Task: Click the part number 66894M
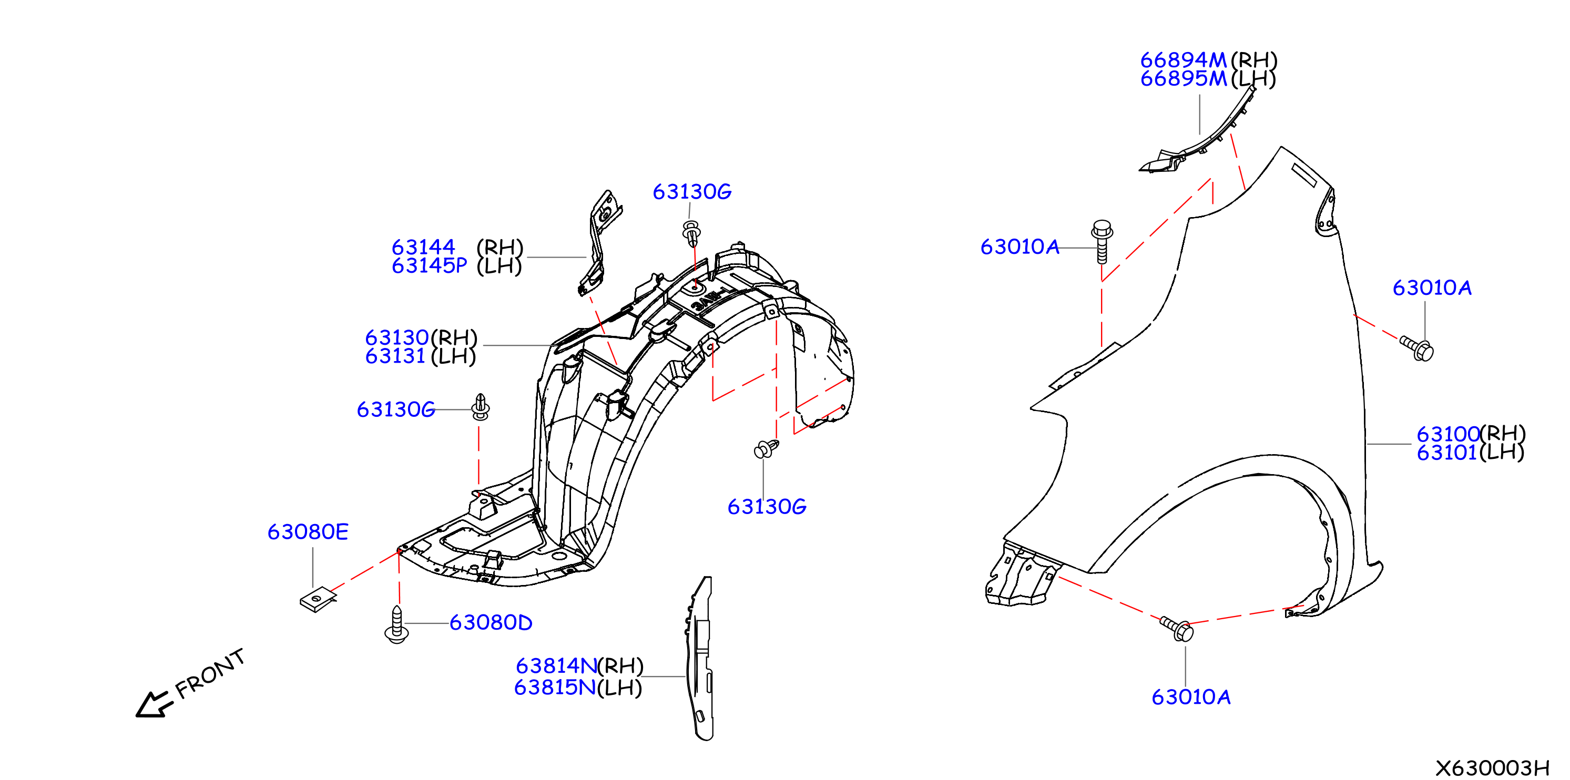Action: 1183,60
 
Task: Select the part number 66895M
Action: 1183,79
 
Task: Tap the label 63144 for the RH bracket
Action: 423,247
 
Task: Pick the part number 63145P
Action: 429,265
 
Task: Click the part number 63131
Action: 395,356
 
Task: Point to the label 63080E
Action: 308,532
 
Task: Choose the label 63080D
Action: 491,622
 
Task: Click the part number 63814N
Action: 556,665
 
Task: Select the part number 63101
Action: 1447,453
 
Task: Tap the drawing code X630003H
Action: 1492,767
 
